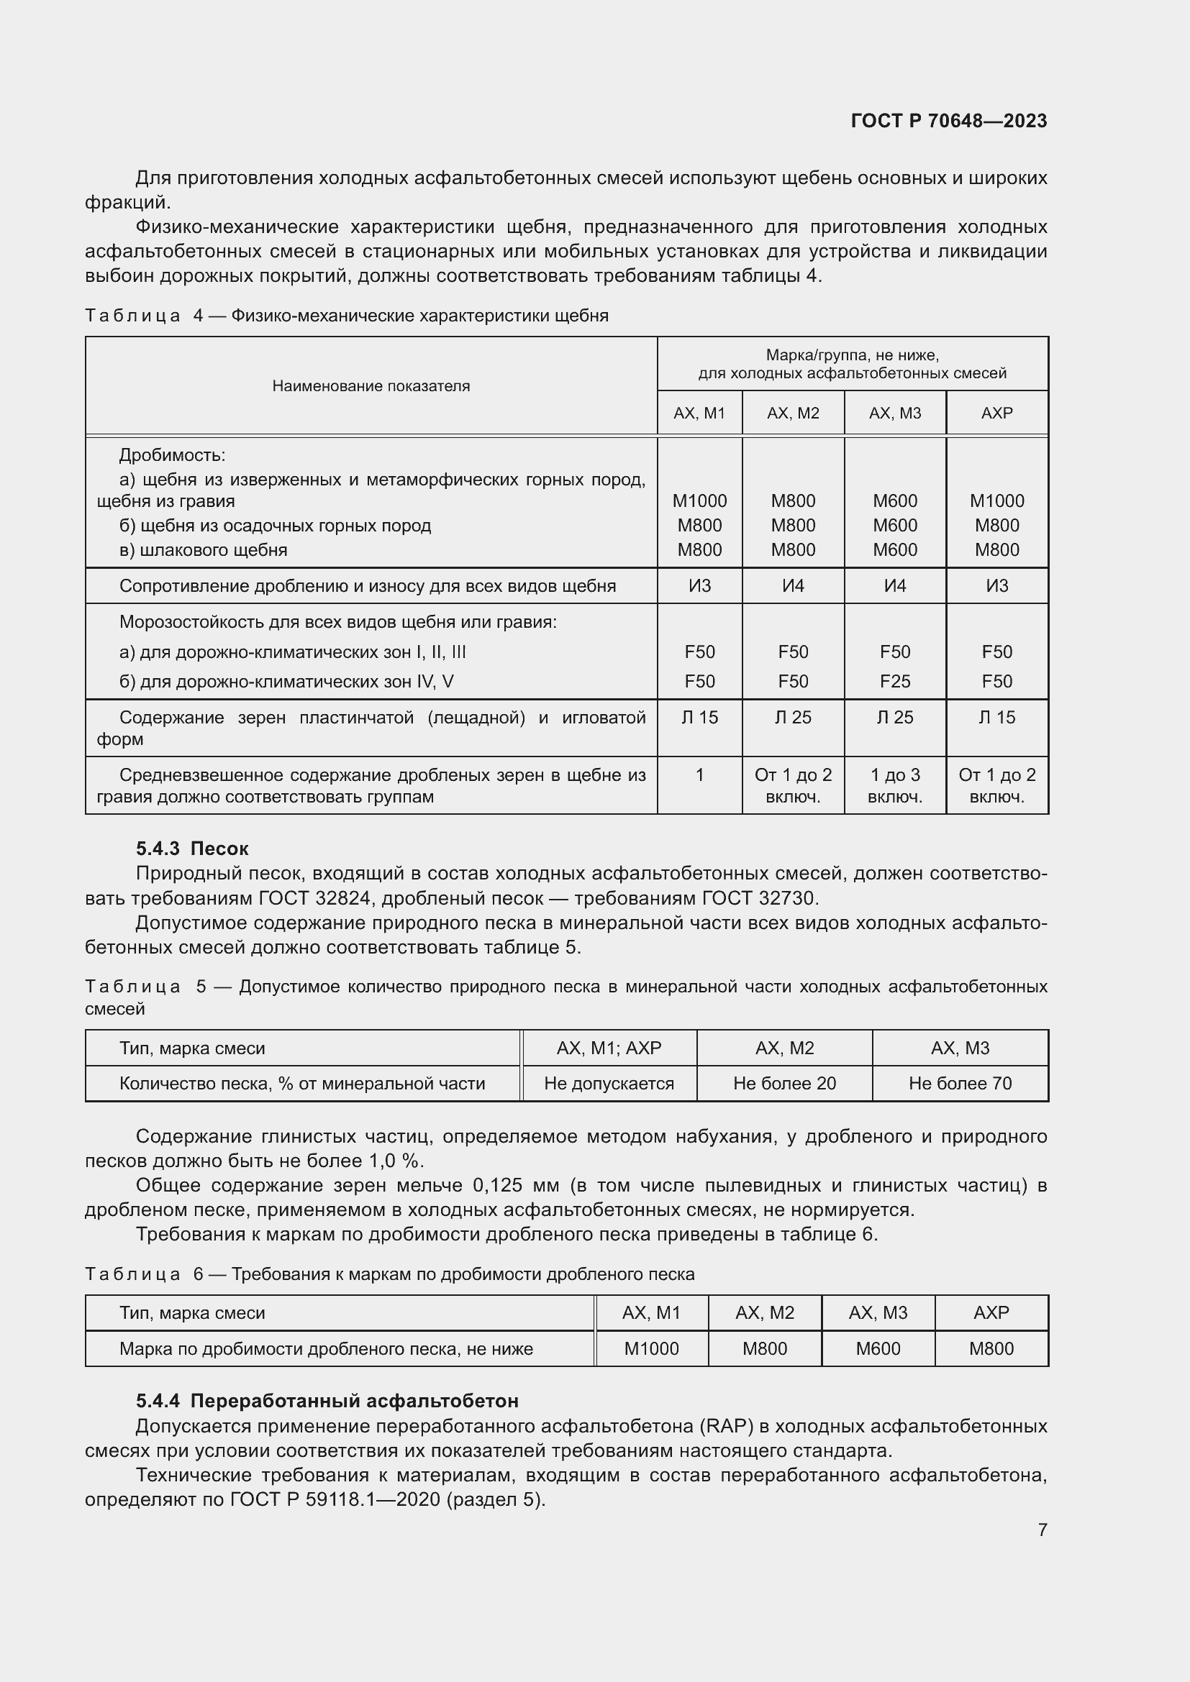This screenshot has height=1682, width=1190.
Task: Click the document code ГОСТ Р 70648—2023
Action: click(x=948, y=121)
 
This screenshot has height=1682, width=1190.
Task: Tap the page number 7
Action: click(x=1042, y=1529)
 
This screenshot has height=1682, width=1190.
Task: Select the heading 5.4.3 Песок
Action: click(x=192, y=849)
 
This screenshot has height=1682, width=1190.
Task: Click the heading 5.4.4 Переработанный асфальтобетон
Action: click(x=327, y=1401)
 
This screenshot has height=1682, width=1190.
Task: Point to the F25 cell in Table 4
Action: click(x=895, y=681)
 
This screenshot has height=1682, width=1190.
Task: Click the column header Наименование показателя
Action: click(x=371, y=386)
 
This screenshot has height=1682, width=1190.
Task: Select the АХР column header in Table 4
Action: click(x=996, y=413)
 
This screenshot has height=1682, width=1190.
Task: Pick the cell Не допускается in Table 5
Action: click(x=608, y=1084)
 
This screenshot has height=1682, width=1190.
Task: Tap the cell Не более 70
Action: click(x=960, y=1084)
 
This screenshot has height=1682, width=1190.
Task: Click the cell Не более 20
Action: click(x=784, y=1084)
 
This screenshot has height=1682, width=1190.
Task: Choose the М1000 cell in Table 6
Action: click(x=650, y=1348)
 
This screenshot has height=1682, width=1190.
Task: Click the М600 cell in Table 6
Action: click(x=878, y=1348)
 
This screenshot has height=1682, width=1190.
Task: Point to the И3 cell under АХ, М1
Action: click(x=699, y=586)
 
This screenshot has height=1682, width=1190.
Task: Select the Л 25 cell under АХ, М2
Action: click(x=793, y=718)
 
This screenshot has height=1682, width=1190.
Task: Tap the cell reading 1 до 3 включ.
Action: click(x=895, y=785)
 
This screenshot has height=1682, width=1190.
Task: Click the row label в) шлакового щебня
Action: click(x=203, y=550)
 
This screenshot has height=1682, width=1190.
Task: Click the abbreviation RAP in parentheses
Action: click(x=726, y=1426)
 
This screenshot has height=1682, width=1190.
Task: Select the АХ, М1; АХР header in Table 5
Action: click(x=608, y=1048)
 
